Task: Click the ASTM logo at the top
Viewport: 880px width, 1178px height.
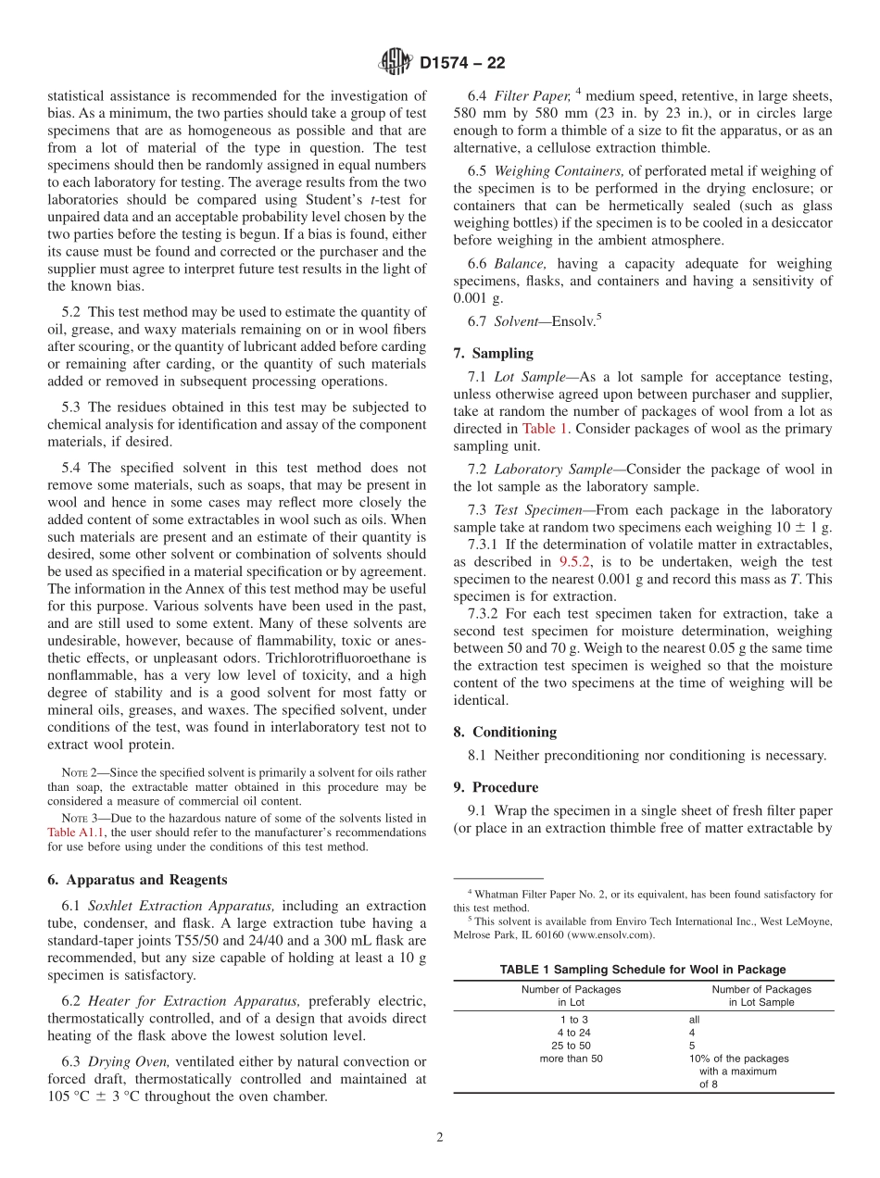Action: pos(396,63)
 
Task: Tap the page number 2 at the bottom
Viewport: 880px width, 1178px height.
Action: pos(440,1138)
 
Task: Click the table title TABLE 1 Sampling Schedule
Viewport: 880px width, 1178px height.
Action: pos(643,970)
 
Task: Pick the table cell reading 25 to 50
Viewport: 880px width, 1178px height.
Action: pos(571,1045)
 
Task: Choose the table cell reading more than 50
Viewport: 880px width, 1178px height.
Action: pos(571,1059)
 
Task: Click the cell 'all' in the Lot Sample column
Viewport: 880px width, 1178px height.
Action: pos(695,1019)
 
